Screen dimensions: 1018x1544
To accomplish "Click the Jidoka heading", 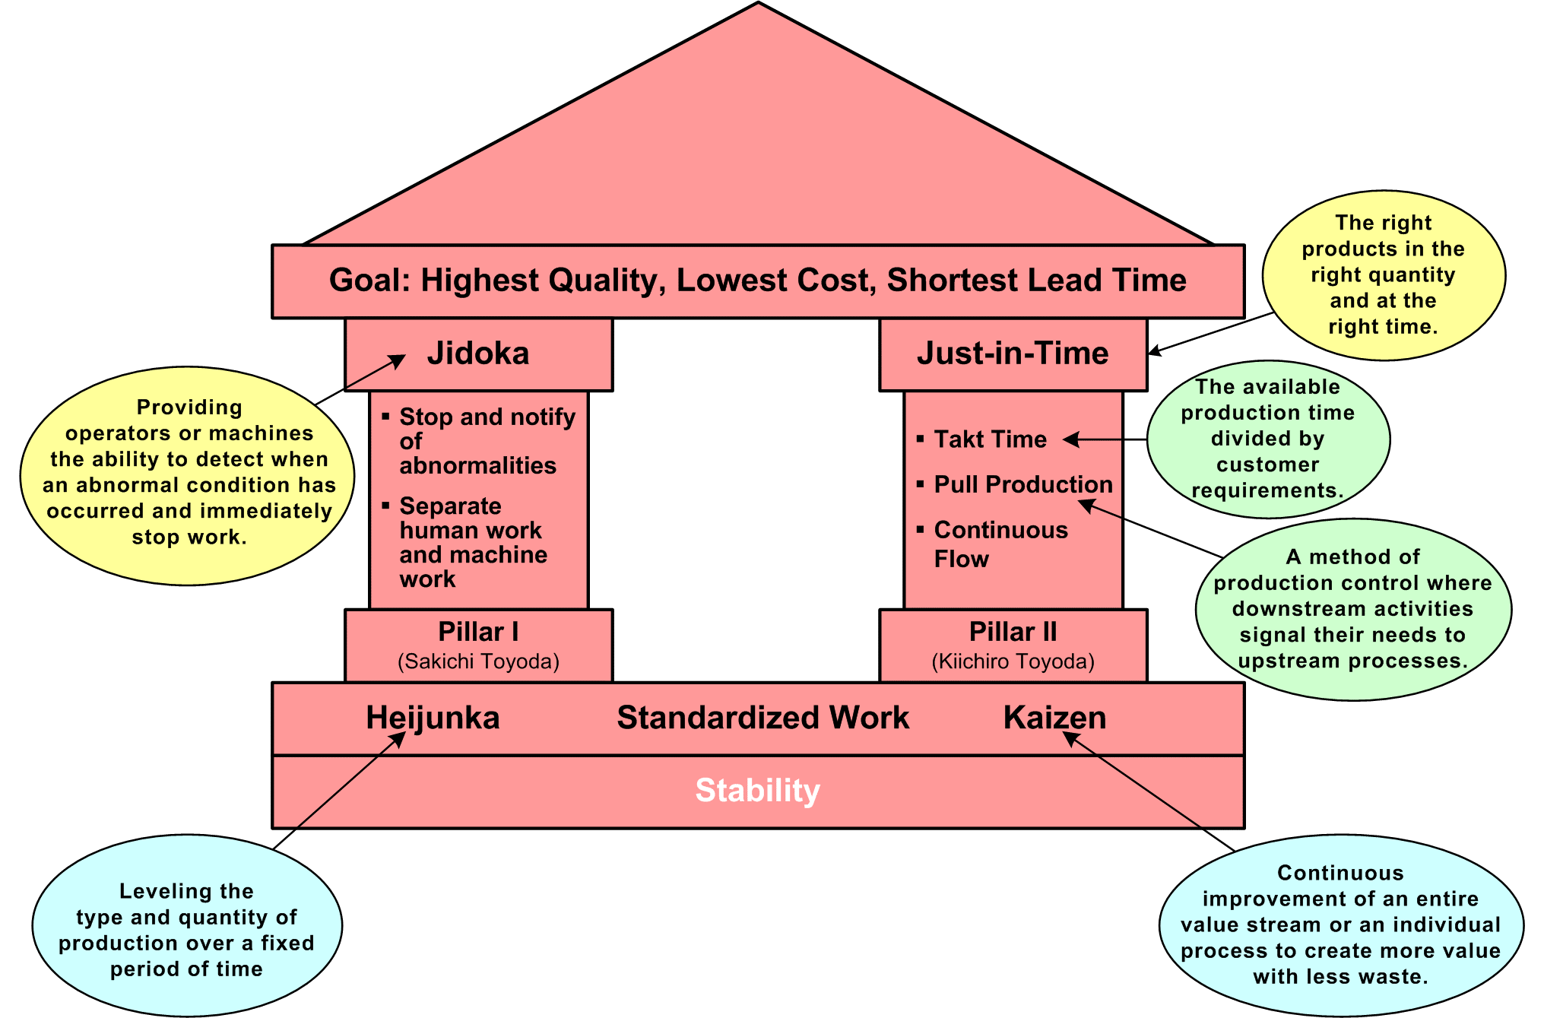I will pos(477,354).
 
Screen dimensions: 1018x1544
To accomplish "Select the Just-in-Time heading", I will pos(1013,354).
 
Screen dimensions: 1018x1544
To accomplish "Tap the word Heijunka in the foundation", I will pos(433,718).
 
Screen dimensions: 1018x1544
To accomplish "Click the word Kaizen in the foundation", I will pos(1054,718).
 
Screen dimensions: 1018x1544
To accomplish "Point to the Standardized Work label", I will pos(762,718).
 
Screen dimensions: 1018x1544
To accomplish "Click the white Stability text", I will pos(757,791).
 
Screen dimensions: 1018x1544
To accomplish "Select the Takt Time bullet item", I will pos(990,439).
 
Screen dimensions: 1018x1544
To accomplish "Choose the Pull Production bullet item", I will pos(1022,484).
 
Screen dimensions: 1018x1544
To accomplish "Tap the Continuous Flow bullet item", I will pos(1000,544).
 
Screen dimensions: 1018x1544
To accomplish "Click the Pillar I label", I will pos(478,632).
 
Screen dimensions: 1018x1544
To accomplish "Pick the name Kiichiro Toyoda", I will pos(1013,661).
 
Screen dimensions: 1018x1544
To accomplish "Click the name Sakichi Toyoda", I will pos(478,661).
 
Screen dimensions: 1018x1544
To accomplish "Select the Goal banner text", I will pos(757,281).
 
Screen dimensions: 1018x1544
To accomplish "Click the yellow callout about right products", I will pos(1383,274).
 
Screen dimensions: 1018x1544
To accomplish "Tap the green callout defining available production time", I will pos(1267,439).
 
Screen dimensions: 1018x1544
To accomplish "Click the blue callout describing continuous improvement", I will pos(1340,924).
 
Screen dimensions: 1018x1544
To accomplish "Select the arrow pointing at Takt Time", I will pos(1106,439).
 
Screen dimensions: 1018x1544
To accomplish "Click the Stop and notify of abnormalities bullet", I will pos(487,441).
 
